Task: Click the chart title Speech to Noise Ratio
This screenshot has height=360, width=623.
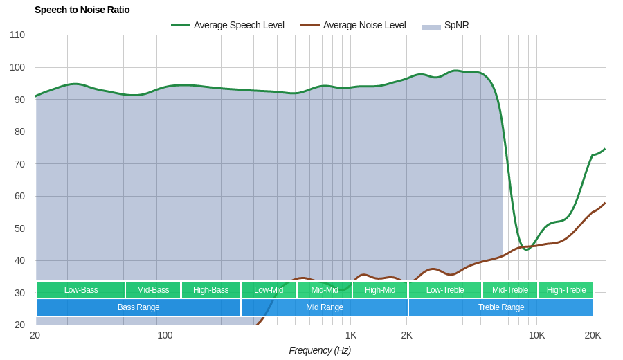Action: coord(82,10)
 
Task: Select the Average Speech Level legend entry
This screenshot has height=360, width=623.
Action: coord(228,25)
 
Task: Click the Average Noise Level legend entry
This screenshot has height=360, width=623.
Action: coord(353,25)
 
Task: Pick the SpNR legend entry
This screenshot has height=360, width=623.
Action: coord(446,25)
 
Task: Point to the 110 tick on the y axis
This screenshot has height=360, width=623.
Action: coord(17,35)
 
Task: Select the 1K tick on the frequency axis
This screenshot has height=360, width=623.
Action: coord(351,335)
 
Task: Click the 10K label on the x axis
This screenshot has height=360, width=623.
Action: coord(536,335)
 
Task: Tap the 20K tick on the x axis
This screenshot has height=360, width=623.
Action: coord(593,335)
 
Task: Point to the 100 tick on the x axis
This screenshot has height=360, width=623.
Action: coord(165,335)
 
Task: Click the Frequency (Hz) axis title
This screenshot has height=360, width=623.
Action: coord(320,350)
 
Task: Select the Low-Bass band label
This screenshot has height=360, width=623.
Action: coord(81,289)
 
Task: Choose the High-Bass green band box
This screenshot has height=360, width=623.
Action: coord(210,289)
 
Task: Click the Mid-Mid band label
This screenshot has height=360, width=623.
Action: coord(325,289)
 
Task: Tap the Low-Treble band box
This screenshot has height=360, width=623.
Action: coord(445,289)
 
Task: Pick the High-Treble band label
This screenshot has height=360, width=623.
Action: coord(566,289)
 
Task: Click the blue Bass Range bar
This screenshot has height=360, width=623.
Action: coord(138,307)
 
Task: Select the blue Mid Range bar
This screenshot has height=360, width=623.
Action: coord(325,307)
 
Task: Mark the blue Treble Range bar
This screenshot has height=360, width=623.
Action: coord(501,307)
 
